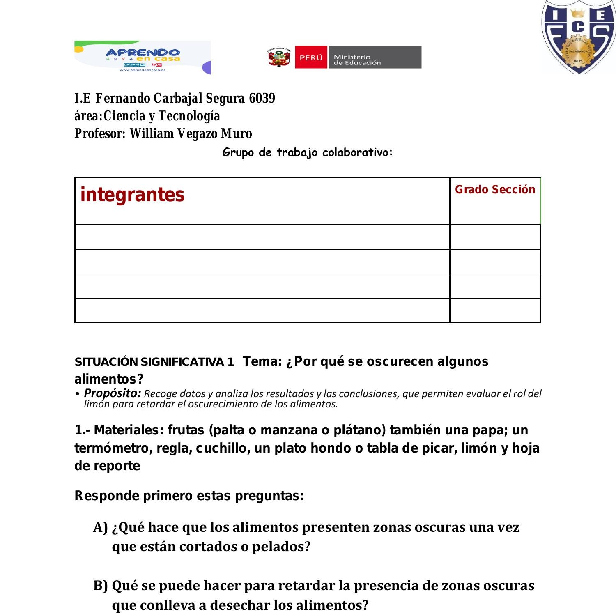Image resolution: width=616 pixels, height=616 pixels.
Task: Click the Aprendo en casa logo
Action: pos(143,57)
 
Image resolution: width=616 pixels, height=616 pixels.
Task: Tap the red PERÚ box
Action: pos(311,57)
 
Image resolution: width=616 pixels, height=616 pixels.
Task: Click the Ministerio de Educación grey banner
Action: pos(374,57)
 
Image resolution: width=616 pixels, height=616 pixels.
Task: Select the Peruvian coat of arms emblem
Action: pos(279,57)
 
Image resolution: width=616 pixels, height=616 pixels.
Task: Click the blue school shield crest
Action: pos(579,37)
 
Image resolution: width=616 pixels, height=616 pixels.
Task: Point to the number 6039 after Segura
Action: pos(262,99)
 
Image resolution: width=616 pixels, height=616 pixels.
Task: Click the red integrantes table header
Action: pos(132,195)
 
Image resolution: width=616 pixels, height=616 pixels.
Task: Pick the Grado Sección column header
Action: pos(495,190)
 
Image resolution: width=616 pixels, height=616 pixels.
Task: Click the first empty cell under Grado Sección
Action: pos(495,237)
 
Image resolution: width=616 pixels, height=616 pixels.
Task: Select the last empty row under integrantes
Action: pos(262,311)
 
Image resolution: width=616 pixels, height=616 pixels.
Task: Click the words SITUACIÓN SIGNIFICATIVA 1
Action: pos(154,362)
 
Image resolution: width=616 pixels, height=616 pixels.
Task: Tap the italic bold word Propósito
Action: pos(112,393)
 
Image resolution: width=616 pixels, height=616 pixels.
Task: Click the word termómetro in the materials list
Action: pos(112,448)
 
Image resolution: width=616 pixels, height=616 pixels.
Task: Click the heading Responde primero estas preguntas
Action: pos(189,496)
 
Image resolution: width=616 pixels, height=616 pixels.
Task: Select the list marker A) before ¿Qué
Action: pos(101,527)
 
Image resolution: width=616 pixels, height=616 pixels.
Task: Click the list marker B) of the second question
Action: pos(101,586)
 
